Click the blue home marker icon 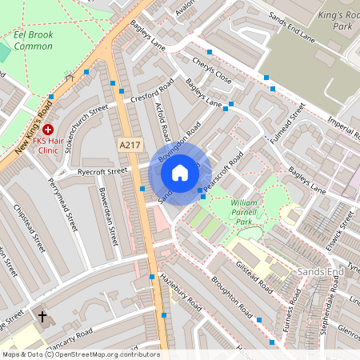[180, 173]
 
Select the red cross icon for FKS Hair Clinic [48, 128]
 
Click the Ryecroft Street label [103, 171]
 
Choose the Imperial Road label [339, 127]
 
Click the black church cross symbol [43, 317]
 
